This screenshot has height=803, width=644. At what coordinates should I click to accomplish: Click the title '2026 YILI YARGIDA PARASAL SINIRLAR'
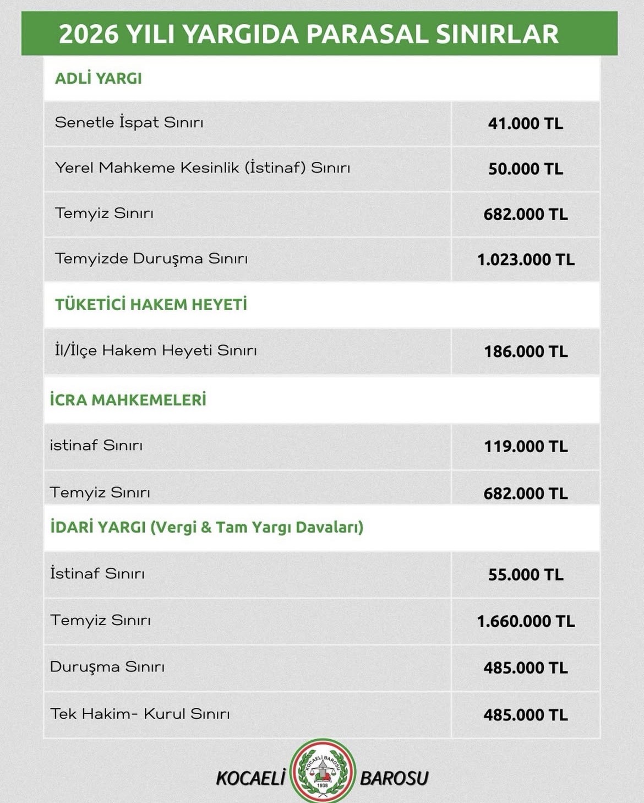click(308, 34)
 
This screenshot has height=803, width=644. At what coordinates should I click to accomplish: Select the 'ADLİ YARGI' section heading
click(99, 78)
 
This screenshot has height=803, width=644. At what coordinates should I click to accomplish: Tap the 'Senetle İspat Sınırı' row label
click(129, 122)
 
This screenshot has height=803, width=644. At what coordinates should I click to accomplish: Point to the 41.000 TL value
click(525, 123)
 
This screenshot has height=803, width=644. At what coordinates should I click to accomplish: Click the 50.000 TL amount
click(525, 169)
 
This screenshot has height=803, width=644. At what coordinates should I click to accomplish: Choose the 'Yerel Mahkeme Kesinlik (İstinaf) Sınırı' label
click(203, 167)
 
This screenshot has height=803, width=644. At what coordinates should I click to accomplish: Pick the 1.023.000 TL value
click(525, 259)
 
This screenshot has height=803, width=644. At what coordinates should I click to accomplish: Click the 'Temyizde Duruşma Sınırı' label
click(151, 258)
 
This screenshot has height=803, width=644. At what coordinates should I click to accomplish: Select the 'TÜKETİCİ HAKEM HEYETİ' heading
click(151, 304)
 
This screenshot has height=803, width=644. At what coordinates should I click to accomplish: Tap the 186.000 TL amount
click(525, 351)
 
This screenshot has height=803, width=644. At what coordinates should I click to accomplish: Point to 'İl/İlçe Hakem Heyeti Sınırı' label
click(156, 350)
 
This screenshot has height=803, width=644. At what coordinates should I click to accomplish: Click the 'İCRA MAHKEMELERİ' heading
click(128, 400)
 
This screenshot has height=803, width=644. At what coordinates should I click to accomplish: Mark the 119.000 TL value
click(525, 446)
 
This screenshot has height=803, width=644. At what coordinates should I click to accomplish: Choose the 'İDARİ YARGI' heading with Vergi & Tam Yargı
click(206, 527)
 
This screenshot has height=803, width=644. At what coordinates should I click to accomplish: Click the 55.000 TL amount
click(525, 575)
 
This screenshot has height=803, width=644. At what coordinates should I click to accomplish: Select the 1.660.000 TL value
click(525, 621)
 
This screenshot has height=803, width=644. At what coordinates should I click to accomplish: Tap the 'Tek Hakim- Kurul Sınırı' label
click(140, 714)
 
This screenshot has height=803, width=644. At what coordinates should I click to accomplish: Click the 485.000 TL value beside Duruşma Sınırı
click(525, 668)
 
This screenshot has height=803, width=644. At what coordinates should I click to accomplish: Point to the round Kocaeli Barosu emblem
click(323, 771)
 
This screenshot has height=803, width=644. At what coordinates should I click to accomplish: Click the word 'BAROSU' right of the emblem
click(394, 778)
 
